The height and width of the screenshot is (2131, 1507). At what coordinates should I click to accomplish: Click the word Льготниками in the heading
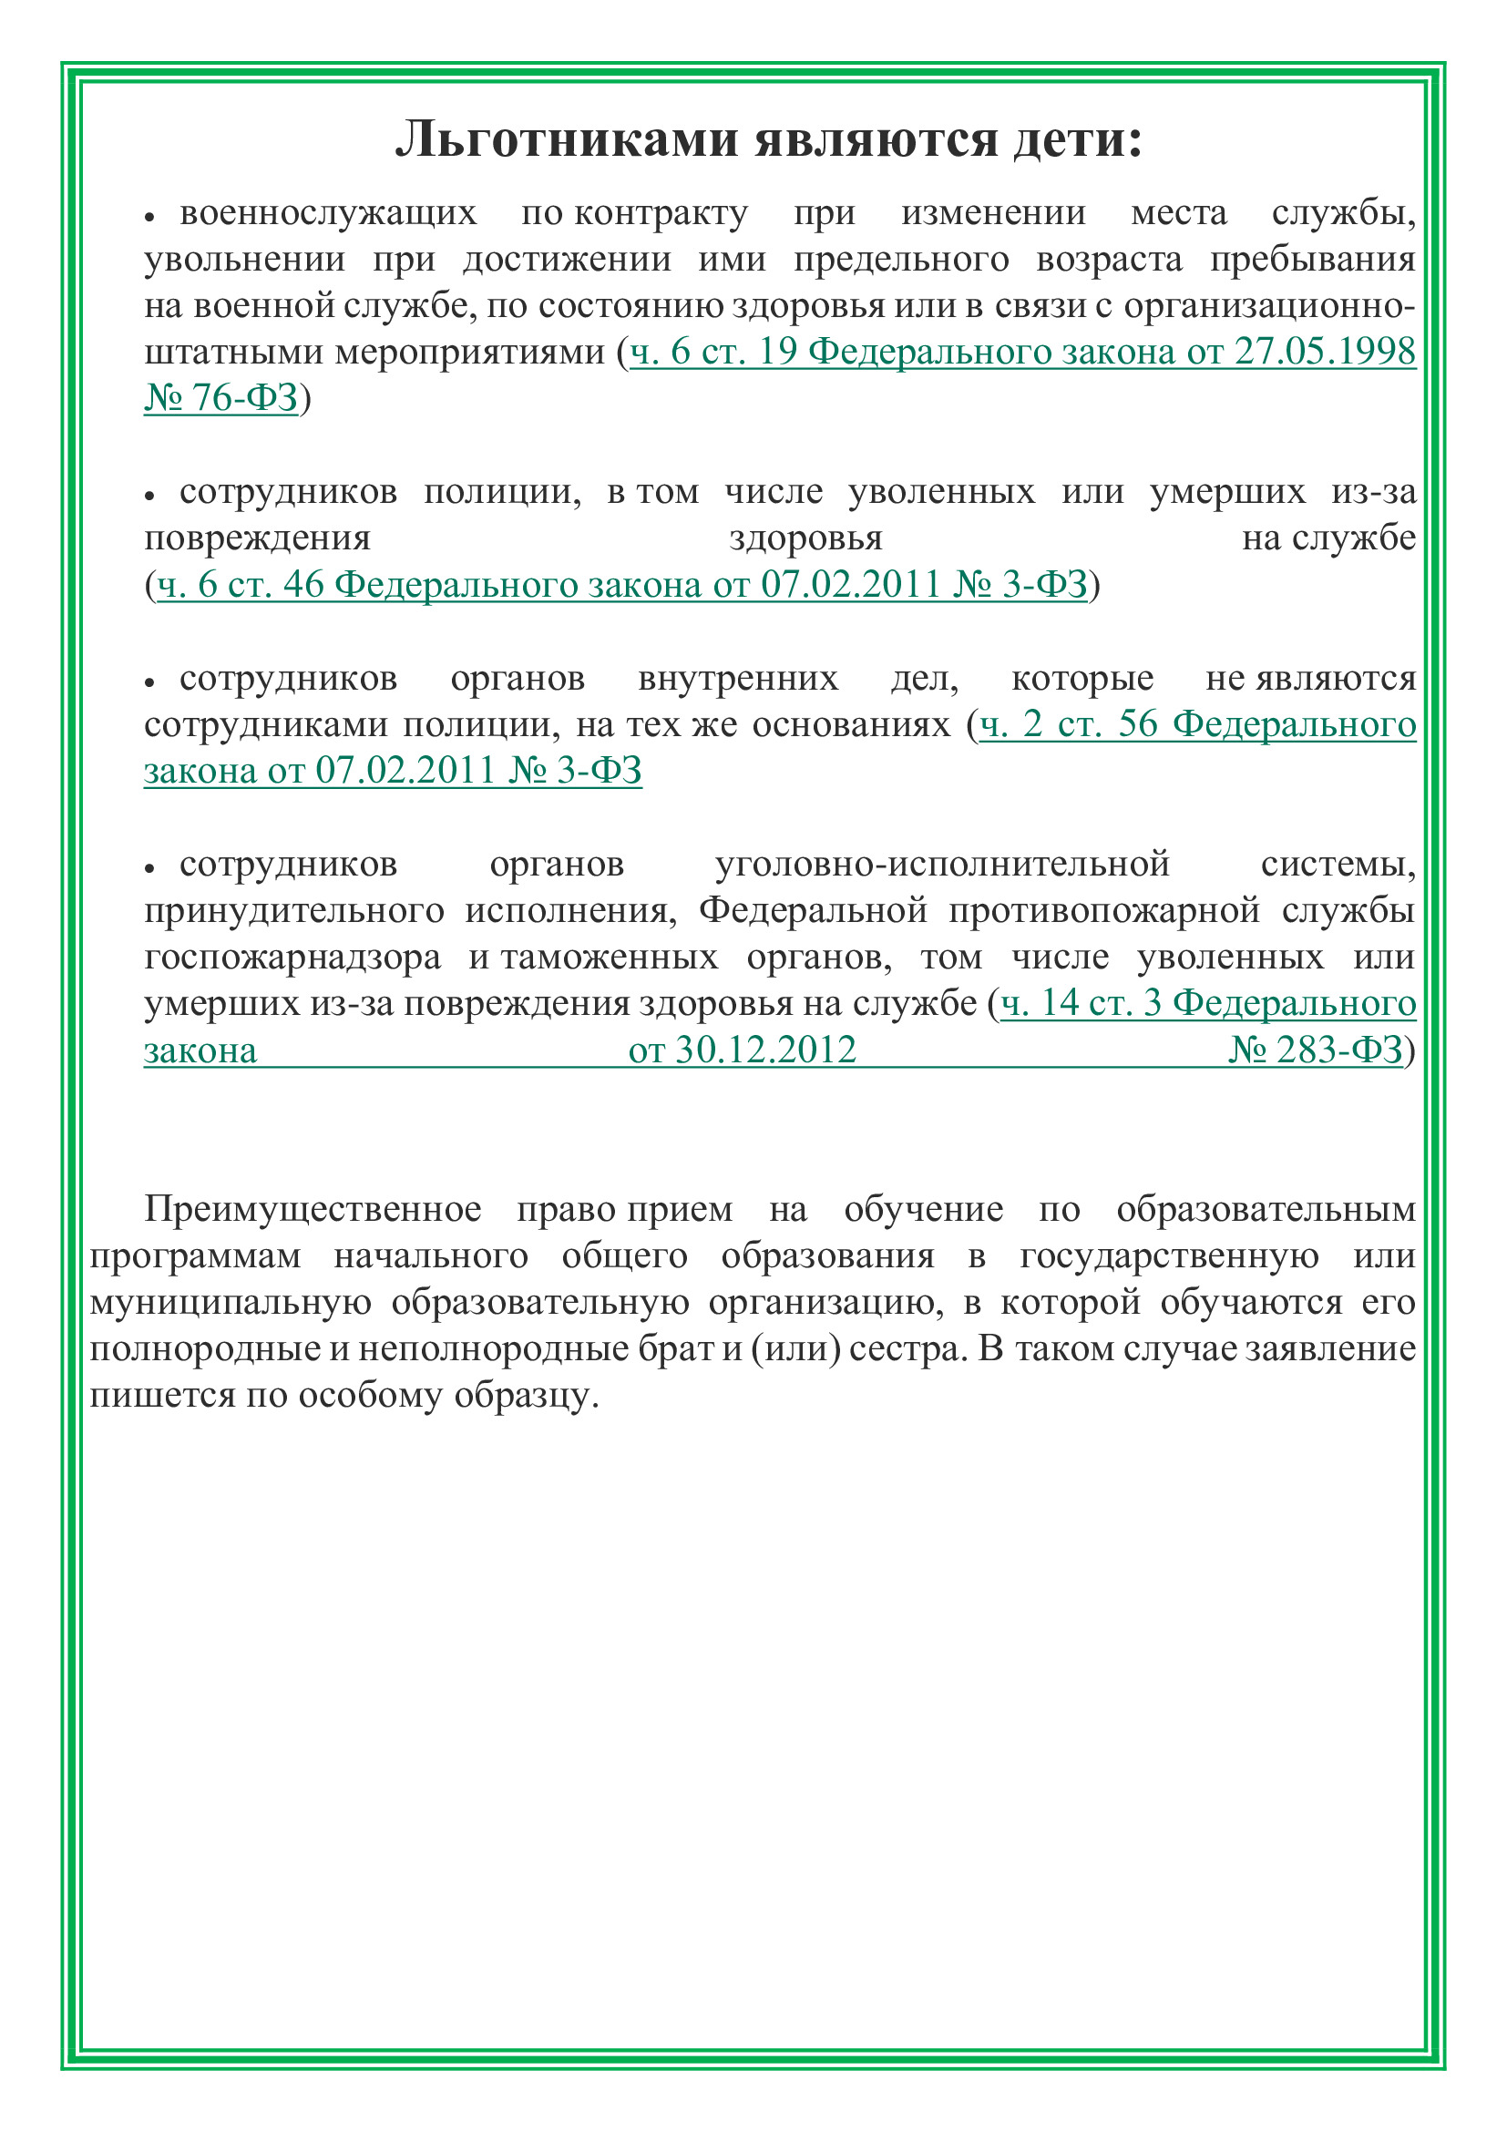566,140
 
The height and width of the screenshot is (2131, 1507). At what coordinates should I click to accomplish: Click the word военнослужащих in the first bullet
328,213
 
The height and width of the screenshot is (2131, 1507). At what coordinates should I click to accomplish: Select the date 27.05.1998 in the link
1324,352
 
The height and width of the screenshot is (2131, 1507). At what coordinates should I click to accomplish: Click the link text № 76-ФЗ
220,398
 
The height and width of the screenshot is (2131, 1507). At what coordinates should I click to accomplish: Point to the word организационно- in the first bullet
1269,305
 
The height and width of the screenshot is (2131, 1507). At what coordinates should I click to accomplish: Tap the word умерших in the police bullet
1226,491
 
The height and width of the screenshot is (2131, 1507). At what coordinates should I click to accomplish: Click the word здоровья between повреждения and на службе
805,538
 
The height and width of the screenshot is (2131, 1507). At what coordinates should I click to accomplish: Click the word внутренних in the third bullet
738,679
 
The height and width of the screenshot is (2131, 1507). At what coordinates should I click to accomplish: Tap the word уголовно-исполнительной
942,864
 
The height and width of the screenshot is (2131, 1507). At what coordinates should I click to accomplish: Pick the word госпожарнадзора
292,957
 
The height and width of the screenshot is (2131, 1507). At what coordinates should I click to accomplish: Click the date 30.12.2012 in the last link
764,1050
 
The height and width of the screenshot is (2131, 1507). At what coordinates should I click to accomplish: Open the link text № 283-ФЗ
1316,1050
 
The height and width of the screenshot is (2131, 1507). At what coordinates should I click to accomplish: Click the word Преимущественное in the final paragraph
313,1209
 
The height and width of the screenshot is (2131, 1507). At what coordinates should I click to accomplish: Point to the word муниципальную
231,1302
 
